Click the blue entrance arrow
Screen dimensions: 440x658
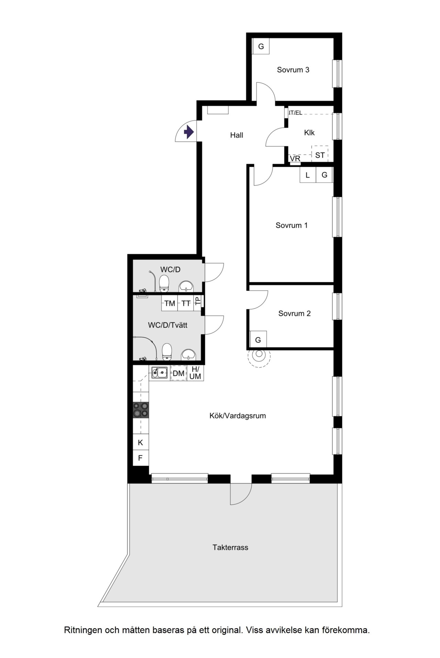[x=189, y=132]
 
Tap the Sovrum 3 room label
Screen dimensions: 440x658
[x=293, y=70]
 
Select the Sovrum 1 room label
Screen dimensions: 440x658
[x=291, y=225]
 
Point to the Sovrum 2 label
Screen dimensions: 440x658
[x=295, y=313]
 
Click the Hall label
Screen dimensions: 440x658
[x=236, y=135]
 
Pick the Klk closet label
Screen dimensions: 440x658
[x=309, y=133]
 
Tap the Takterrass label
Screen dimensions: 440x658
[x=230, y=547]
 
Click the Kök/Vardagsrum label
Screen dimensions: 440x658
[x=238, y=416]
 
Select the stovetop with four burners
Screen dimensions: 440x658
[x=141, y=410]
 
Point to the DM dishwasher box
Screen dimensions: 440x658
[x=178, y=373]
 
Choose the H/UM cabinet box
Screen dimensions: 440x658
[x=195, y=373]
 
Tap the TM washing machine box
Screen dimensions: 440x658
[x=170, y=303]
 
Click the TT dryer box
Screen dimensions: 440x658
[x=186, y=303]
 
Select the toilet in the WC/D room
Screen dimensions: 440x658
[x=164, y=283]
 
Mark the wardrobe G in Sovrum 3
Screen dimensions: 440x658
[x=261, y=46]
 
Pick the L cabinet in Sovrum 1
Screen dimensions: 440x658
[x=308, y=175]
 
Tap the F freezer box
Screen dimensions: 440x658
[x=141, y=458]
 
